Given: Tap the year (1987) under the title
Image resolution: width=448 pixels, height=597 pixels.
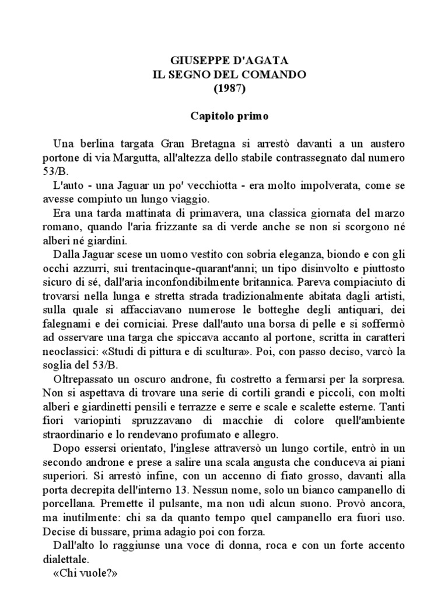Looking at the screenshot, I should point(229,89).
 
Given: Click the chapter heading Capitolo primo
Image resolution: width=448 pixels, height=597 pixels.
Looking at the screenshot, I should point(229,116).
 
